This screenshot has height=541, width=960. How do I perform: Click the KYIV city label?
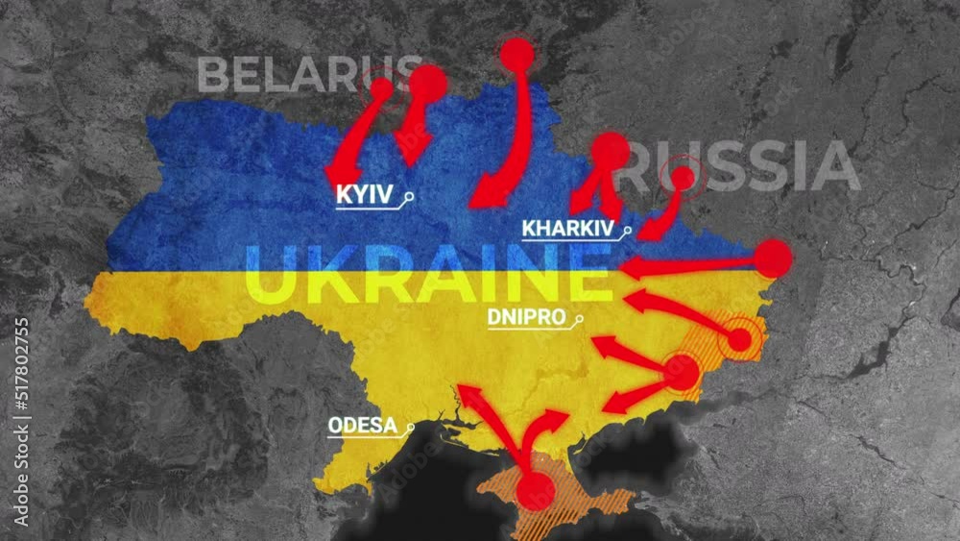(x=364, y=195)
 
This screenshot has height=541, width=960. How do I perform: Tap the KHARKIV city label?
(x=567, y=229)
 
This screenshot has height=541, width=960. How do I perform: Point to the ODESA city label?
(x=363, y=425)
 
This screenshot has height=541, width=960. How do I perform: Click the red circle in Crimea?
(x=535, y=492)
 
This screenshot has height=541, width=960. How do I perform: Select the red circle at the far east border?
(x=773, y=258)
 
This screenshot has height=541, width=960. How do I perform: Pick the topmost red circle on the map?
(x=516, y=55)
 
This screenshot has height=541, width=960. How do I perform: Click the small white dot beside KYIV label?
(x=410, y=197)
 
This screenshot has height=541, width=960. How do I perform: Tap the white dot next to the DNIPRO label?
(x=580, y=319)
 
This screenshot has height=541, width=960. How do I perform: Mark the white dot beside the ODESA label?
(x=411, y=427)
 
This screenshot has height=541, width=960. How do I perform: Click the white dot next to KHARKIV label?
(x=629, y=231)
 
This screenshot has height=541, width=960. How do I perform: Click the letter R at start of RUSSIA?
(x=638, y=166)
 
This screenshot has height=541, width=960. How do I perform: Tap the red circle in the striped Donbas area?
(x=739, y=339)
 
